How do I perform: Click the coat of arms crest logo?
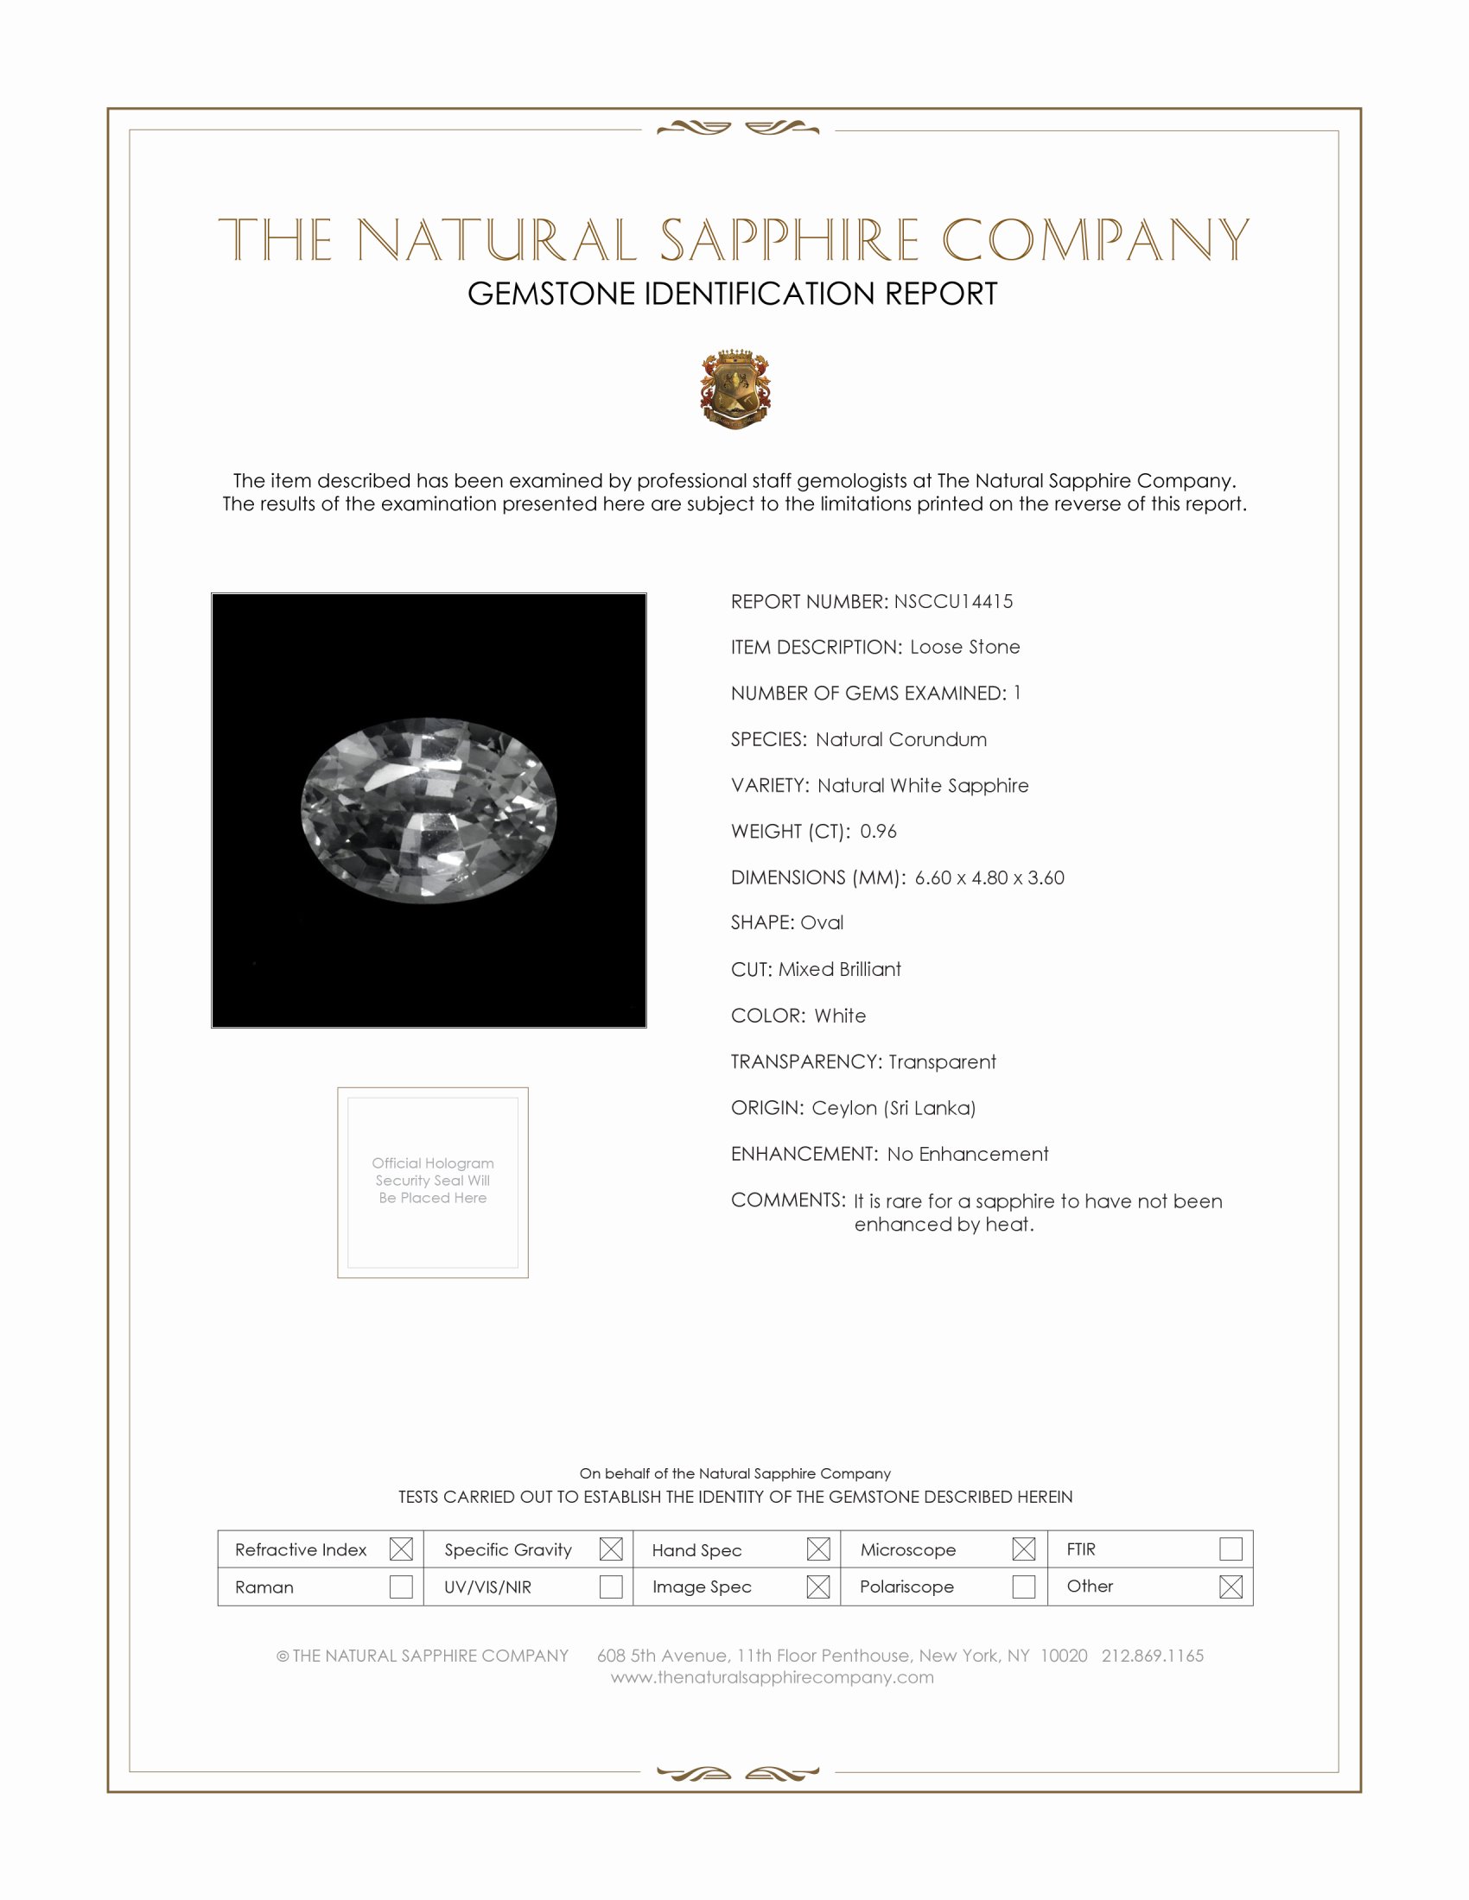735,389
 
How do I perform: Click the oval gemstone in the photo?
429,810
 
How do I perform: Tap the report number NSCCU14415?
953,601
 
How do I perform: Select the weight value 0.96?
878,831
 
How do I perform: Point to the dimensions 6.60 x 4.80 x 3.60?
989,877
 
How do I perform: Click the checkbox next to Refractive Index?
401,1548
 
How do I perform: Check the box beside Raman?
401,1586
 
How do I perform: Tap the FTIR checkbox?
1231,1548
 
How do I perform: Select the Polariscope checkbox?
1023,1586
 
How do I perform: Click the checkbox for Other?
1231,1586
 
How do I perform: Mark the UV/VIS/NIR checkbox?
611,1586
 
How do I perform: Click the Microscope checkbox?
1023,1548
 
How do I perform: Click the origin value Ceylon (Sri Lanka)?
893,1107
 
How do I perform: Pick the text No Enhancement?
968,1154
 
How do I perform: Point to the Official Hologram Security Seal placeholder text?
433,1180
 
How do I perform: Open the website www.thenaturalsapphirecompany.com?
772,1677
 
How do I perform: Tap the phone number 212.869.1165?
1152,1656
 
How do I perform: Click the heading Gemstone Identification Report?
732,294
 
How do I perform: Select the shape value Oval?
822,922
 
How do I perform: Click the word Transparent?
942,1061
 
